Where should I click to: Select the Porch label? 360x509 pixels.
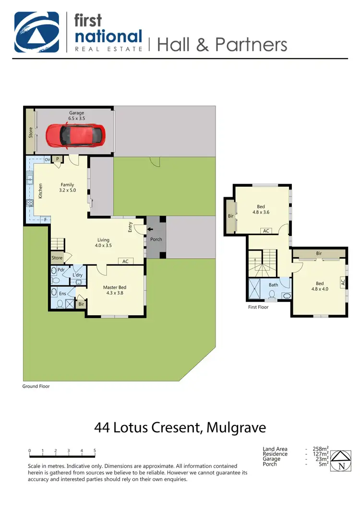click(x=156, y=239)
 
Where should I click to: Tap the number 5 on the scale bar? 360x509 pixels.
click(x=95, y=451)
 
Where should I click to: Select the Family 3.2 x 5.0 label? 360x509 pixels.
click(x=67, y=188)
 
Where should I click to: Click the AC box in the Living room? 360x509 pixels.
click(x=125, y=261)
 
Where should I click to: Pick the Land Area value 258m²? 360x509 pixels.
click(x=321, y=449)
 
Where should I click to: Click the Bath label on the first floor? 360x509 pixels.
click(x=273, y=285)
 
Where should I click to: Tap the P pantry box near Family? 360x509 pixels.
click(x=58, y=159)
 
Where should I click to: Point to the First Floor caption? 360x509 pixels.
click(x=258, y=307)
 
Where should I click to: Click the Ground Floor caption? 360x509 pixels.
click(x=36, y=386)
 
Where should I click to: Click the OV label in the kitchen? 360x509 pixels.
click(x=48, y=159)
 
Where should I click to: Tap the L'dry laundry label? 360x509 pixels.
click(x=77, y=275)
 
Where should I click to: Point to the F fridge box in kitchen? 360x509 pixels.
click(x=46, y=220)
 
